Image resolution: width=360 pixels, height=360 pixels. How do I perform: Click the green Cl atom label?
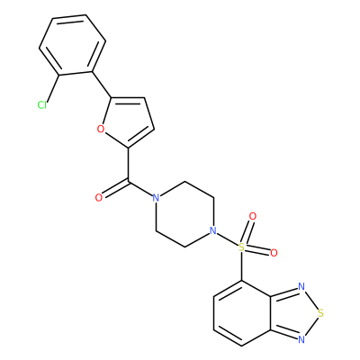[42, 105]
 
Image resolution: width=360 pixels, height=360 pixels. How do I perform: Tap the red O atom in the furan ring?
[101, 129]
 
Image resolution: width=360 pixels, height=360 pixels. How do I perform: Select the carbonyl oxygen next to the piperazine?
[99, 198]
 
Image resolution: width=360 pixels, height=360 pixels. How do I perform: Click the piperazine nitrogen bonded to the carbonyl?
[156, 198]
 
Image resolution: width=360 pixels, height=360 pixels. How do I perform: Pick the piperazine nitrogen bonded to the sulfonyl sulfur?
[212, 230]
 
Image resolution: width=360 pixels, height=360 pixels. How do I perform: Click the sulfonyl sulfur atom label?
[241, 247]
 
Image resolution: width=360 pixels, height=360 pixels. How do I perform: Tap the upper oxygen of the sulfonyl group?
[253, 216]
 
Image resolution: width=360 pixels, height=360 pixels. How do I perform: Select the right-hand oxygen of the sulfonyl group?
[274, 253]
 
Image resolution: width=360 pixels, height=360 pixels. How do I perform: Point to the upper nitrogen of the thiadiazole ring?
[301, 286]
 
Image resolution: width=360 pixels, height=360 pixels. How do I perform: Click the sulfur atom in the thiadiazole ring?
[321, 313]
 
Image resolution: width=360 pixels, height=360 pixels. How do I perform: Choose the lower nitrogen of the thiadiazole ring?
[301, 339]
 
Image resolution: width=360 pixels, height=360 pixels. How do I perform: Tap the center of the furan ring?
[128, 121]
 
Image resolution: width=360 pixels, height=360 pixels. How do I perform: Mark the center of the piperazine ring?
[184, 214]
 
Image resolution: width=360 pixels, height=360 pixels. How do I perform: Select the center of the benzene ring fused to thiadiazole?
[242, 313]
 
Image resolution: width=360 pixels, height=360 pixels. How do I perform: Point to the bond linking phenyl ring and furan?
[102, 85]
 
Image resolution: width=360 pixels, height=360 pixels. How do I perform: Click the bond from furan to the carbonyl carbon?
[129, 165]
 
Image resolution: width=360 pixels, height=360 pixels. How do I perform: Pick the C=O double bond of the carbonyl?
[115, 189]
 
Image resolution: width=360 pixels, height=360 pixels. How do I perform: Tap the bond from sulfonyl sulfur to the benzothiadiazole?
[241, 266]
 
